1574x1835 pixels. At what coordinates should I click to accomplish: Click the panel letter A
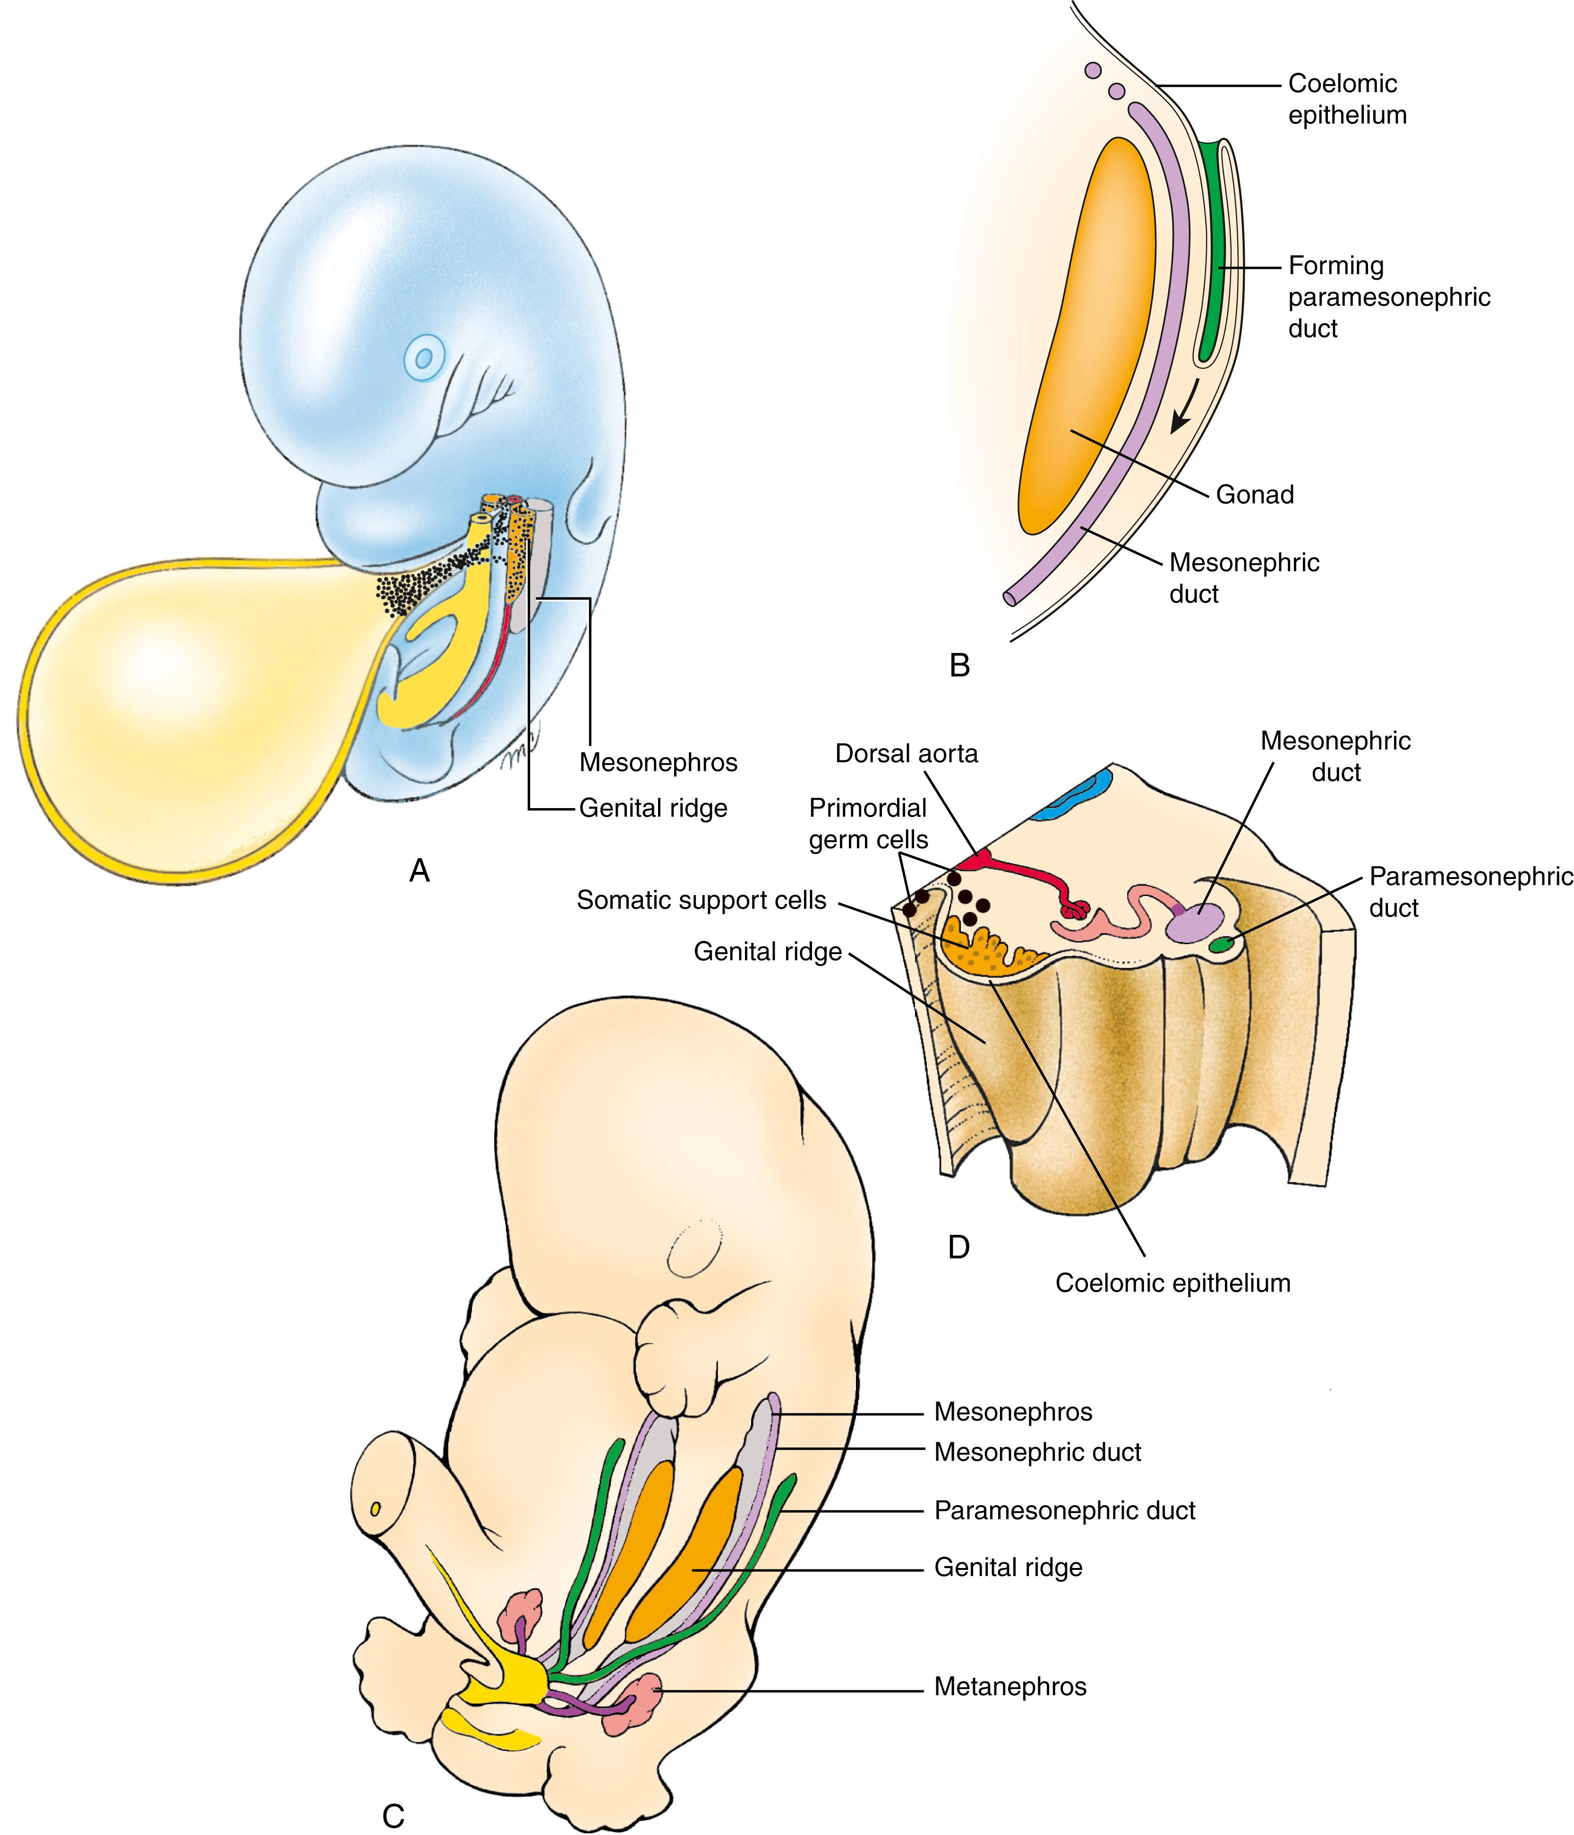[419, 872]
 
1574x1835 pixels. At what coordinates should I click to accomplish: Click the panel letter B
[959, 664]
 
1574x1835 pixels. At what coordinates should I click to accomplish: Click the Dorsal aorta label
[907, 754]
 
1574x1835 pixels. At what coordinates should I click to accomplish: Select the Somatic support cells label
[701, 901]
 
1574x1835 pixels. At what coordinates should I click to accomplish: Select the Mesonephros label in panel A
[658, 763]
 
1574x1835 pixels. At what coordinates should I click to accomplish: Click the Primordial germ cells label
[868, 824]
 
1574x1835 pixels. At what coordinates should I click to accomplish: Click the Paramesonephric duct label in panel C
[1064, 1511]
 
